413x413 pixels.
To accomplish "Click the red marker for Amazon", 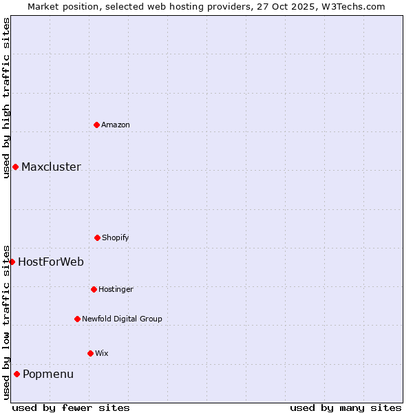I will (x=96, y=125).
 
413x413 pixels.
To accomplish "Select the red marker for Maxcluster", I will (x=15, y=167).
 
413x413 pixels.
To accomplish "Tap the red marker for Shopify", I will (x=97, y=237).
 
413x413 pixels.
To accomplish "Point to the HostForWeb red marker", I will (x=12, y=262).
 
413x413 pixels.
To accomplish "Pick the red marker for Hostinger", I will (x=94, y=289).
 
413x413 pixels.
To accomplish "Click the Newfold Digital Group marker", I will (x=77, y=319).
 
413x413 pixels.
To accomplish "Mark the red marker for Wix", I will (x=90, y=353).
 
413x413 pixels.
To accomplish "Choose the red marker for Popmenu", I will (x=17, y=374).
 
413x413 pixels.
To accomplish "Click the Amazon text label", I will (x=116, y=125).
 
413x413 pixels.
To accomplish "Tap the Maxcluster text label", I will (x=51, y=167).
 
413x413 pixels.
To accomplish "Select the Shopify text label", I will (x=116, y=237).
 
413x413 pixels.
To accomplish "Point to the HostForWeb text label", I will (x=51, y=262).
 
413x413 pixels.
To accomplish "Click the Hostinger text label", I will (x=116, y=289).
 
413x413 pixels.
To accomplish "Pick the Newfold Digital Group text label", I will (x=122, y=319).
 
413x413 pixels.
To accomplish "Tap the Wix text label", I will (x=102, y=353).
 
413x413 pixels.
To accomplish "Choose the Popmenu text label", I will (x=48, y=374).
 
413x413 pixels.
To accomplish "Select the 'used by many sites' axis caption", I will (x=346, y=407).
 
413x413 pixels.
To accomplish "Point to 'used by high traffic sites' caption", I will (x=6, y=98).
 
